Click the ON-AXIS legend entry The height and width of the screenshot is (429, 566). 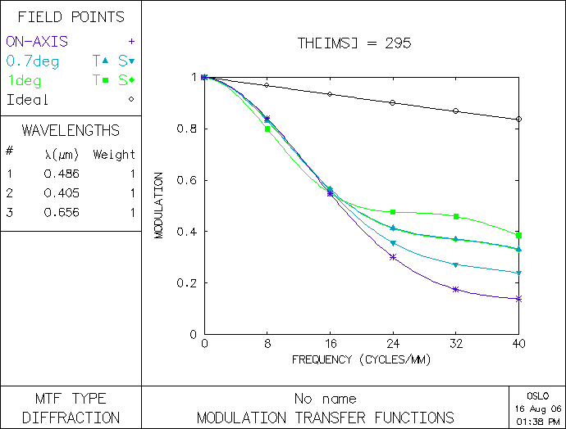pos(37,41)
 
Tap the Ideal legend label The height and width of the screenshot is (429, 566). pos(28,100)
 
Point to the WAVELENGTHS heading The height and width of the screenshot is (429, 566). pos(71,130)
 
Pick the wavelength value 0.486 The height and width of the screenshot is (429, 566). pos(60,174)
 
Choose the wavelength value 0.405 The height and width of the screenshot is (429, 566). pos(60,193)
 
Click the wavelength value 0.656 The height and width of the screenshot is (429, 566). pos(60,213)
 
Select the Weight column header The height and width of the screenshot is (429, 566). pos(114,154)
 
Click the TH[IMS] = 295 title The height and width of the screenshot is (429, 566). pos(354,43)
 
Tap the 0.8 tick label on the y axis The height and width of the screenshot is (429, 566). pos(189,129)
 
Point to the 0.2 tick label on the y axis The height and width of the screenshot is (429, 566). pos(189,283)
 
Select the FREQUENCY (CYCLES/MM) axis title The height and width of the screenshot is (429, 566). pos(361,359)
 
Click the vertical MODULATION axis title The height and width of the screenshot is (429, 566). pos(159,205)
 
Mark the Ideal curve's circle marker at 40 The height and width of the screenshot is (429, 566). pos(518,119)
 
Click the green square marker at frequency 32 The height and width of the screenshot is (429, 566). pos(456,216)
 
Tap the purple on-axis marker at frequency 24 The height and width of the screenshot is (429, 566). pos(393,257)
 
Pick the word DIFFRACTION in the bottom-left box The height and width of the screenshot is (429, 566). pos(71,418)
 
